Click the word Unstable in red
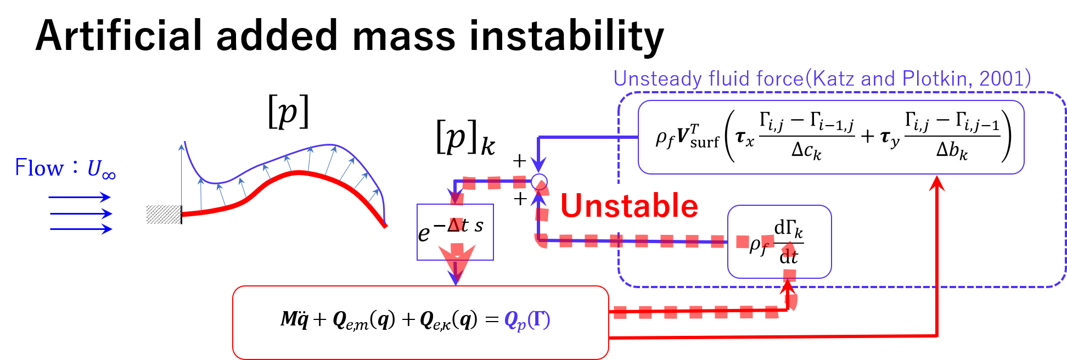coord(629,206)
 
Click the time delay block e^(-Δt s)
coord(454,232)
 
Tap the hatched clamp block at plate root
coord(163,215)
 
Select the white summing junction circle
coord(539,181)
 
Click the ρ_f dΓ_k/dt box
coord(779,242)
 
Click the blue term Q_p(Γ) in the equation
coord(527,320)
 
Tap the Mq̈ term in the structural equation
coord(294,319)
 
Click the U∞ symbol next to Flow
coord(101,169)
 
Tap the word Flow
coord(39,168)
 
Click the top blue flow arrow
coord(80,198)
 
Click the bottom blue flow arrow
coord(81,229)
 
